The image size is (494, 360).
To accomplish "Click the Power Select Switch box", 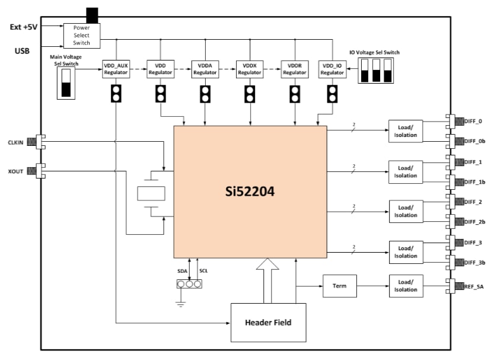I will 82,35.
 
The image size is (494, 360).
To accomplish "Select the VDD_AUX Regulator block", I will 116,69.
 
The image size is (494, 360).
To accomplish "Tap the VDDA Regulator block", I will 205,69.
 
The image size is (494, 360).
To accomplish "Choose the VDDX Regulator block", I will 250,69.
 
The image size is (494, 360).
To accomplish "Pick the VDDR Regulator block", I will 295,69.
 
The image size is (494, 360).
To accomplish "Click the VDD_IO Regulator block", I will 332,69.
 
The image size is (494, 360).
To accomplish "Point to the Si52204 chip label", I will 250,192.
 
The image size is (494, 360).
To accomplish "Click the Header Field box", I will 269,322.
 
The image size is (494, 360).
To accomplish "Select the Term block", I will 339,286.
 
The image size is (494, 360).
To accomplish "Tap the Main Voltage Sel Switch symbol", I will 66,82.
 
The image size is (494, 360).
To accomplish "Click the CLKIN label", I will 16,142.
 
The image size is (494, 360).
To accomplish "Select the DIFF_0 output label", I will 472,121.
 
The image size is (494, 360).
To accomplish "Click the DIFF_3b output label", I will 473,262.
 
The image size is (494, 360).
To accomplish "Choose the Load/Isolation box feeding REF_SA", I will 406,286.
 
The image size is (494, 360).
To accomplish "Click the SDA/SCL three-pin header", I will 189,283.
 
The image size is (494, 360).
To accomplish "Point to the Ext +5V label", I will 24,27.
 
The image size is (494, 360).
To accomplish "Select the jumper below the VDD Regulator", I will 160,94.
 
